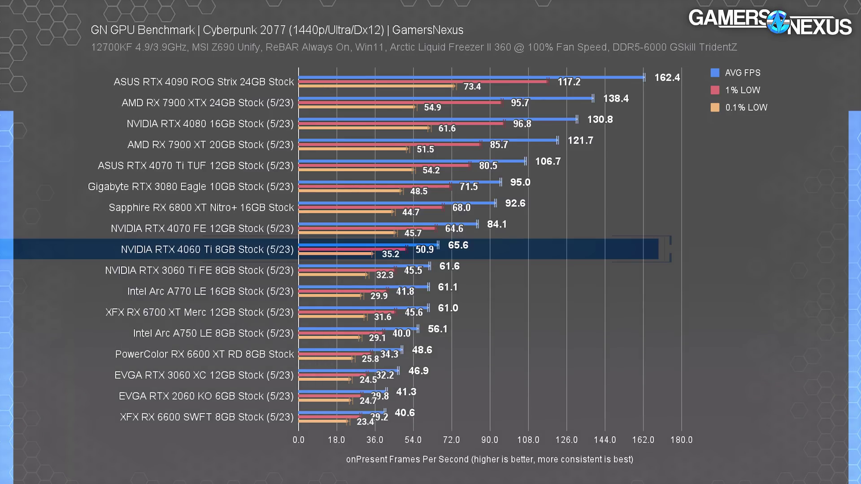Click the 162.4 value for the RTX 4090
pyautogui.click(x=667, y=78)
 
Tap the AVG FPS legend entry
pyautogui.click(x=742, y=73)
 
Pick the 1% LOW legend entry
pyautogui.click(x=742, y=90)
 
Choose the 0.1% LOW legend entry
pyautogui.click(x=746, y=108)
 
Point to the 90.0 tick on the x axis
pyautogui.click(x=490, y=440)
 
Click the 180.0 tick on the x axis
pyautogui.click(x=681, y=440)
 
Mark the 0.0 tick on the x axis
pyautogui.click(x=298, y=440)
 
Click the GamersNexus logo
pyautogui.click(x=770, y=22)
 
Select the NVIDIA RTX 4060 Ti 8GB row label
pyautogui.click(x=207, y=250)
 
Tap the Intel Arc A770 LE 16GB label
pyautogui.click(x=210, y=291)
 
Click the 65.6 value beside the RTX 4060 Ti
pyautogui.click(x=458, y=245)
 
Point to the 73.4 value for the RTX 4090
pyautogui.click(x=472, y=86)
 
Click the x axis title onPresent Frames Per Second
pyautogui.click(x=489, y=459)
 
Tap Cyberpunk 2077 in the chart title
pyautogui.click(x=244, y=30)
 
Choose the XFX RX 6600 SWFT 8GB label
pyautogui.click(x=207, y=417)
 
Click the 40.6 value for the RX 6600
pyautogui.click(x=404, y=413)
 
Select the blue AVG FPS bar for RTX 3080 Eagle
pyautogui.click(x=399, y=182)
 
